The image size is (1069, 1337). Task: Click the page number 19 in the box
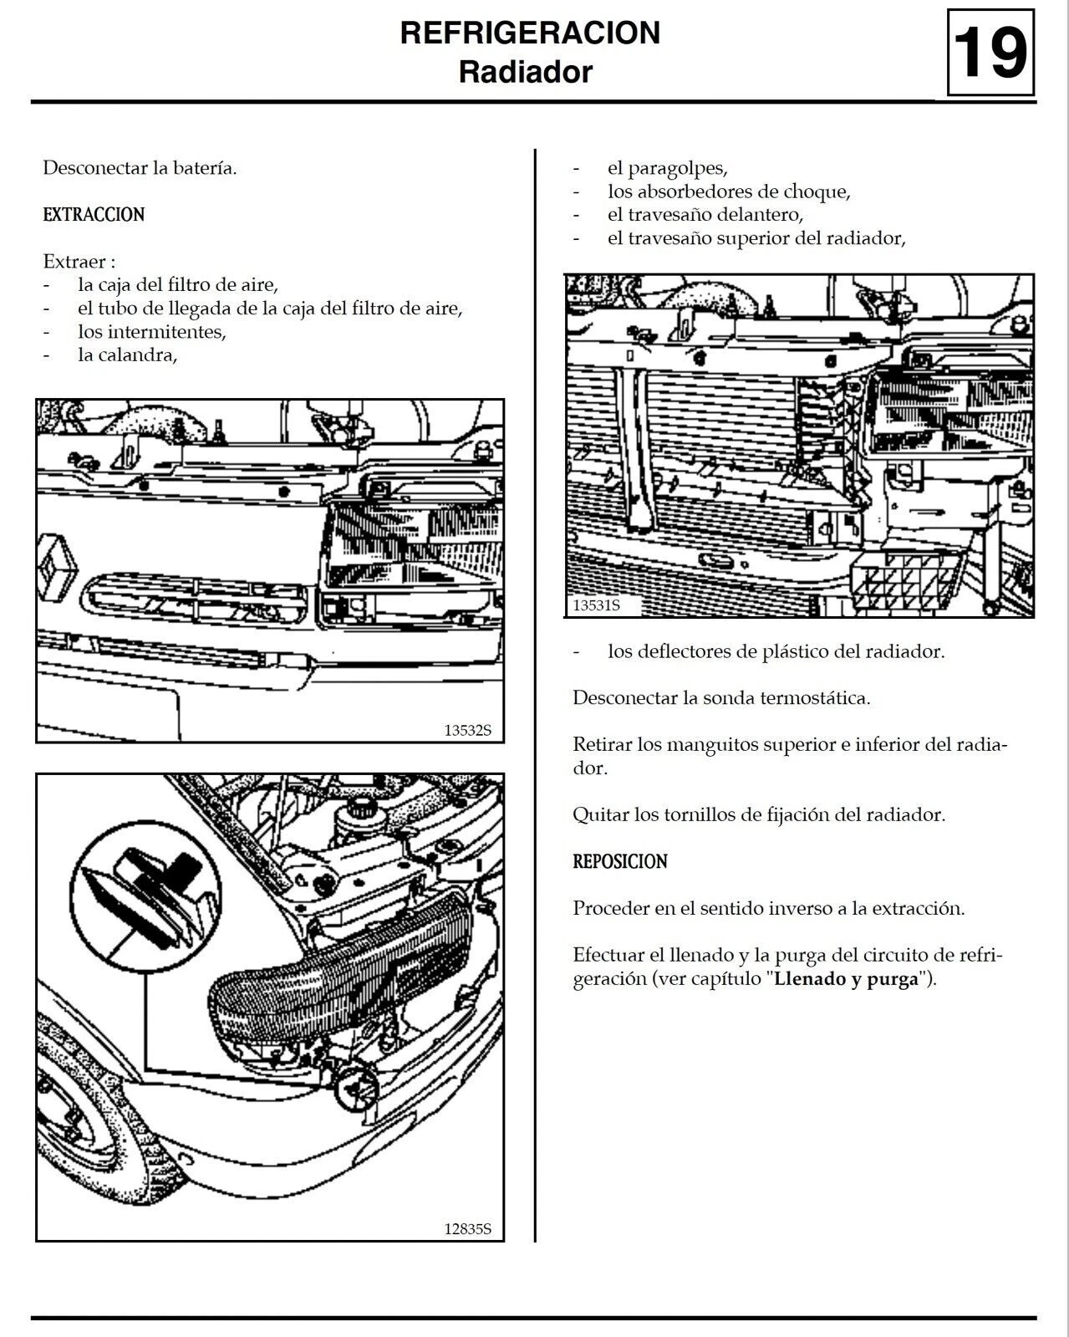click(x=990, y=54)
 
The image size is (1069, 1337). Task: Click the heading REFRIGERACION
click(x=530, y=33)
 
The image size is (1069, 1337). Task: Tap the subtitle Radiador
click(x=525, y=72)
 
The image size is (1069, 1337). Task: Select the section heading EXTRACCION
click(x=94, y=215)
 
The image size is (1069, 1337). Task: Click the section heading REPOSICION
click(x=619, y=862)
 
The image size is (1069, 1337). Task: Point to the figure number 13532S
click(x=467, y=730)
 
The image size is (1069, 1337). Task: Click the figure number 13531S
click(x=596, y=605)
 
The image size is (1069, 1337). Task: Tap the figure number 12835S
click(x=467, y=1228)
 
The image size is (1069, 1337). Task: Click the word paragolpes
click(x=666, y=168)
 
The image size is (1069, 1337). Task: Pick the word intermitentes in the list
click(x=151, y=332)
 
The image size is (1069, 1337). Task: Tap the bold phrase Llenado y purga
click(x=846, y=979)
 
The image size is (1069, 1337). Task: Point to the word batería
click(x=204, y=168)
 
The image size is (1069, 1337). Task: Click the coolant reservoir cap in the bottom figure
click(x=362, y=809)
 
